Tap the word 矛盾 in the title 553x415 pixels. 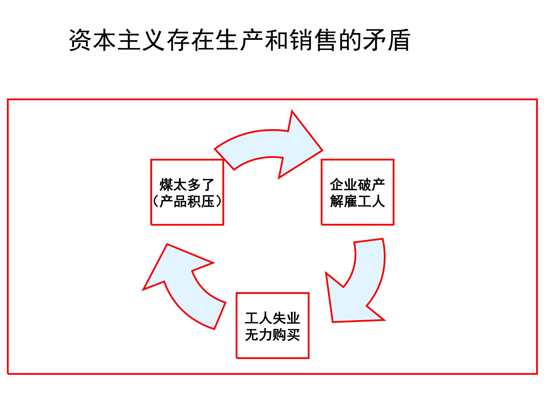click(387, 40)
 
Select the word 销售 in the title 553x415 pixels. click(313, 40)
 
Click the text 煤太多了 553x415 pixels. click(186, 185)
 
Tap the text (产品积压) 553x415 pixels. click(187, 201)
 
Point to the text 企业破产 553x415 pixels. click(357, 185)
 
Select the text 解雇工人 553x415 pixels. click(357, 201)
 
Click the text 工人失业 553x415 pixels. click(272, 318)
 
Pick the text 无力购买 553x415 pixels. click(272, 335)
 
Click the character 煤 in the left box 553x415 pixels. click(166, 185)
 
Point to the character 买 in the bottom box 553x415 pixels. click(293, 335)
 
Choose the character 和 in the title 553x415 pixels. click(276, 40)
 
